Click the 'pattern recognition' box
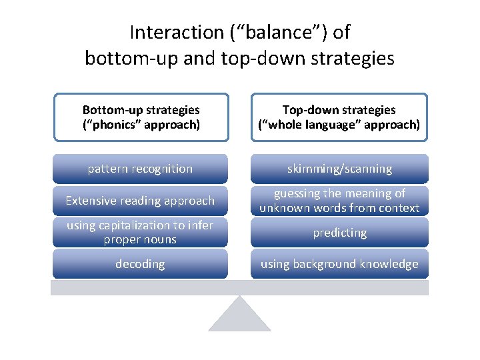140,169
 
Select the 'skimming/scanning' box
339,169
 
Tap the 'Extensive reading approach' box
140,201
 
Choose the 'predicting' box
339,233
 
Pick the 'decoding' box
140,264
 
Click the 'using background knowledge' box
339,264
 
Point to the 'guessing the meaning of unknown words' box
339,201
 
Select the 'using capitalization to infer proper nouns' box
140,233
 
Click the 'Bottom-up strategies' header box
141,117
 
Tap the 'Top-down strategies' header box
339,117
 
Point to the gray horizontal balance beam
239,287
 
